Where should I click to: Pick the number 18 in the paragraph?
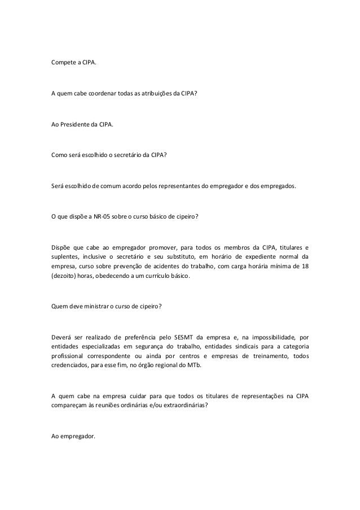pos(305,266)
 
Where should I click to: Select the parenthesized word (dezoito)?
pos(63,277)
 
